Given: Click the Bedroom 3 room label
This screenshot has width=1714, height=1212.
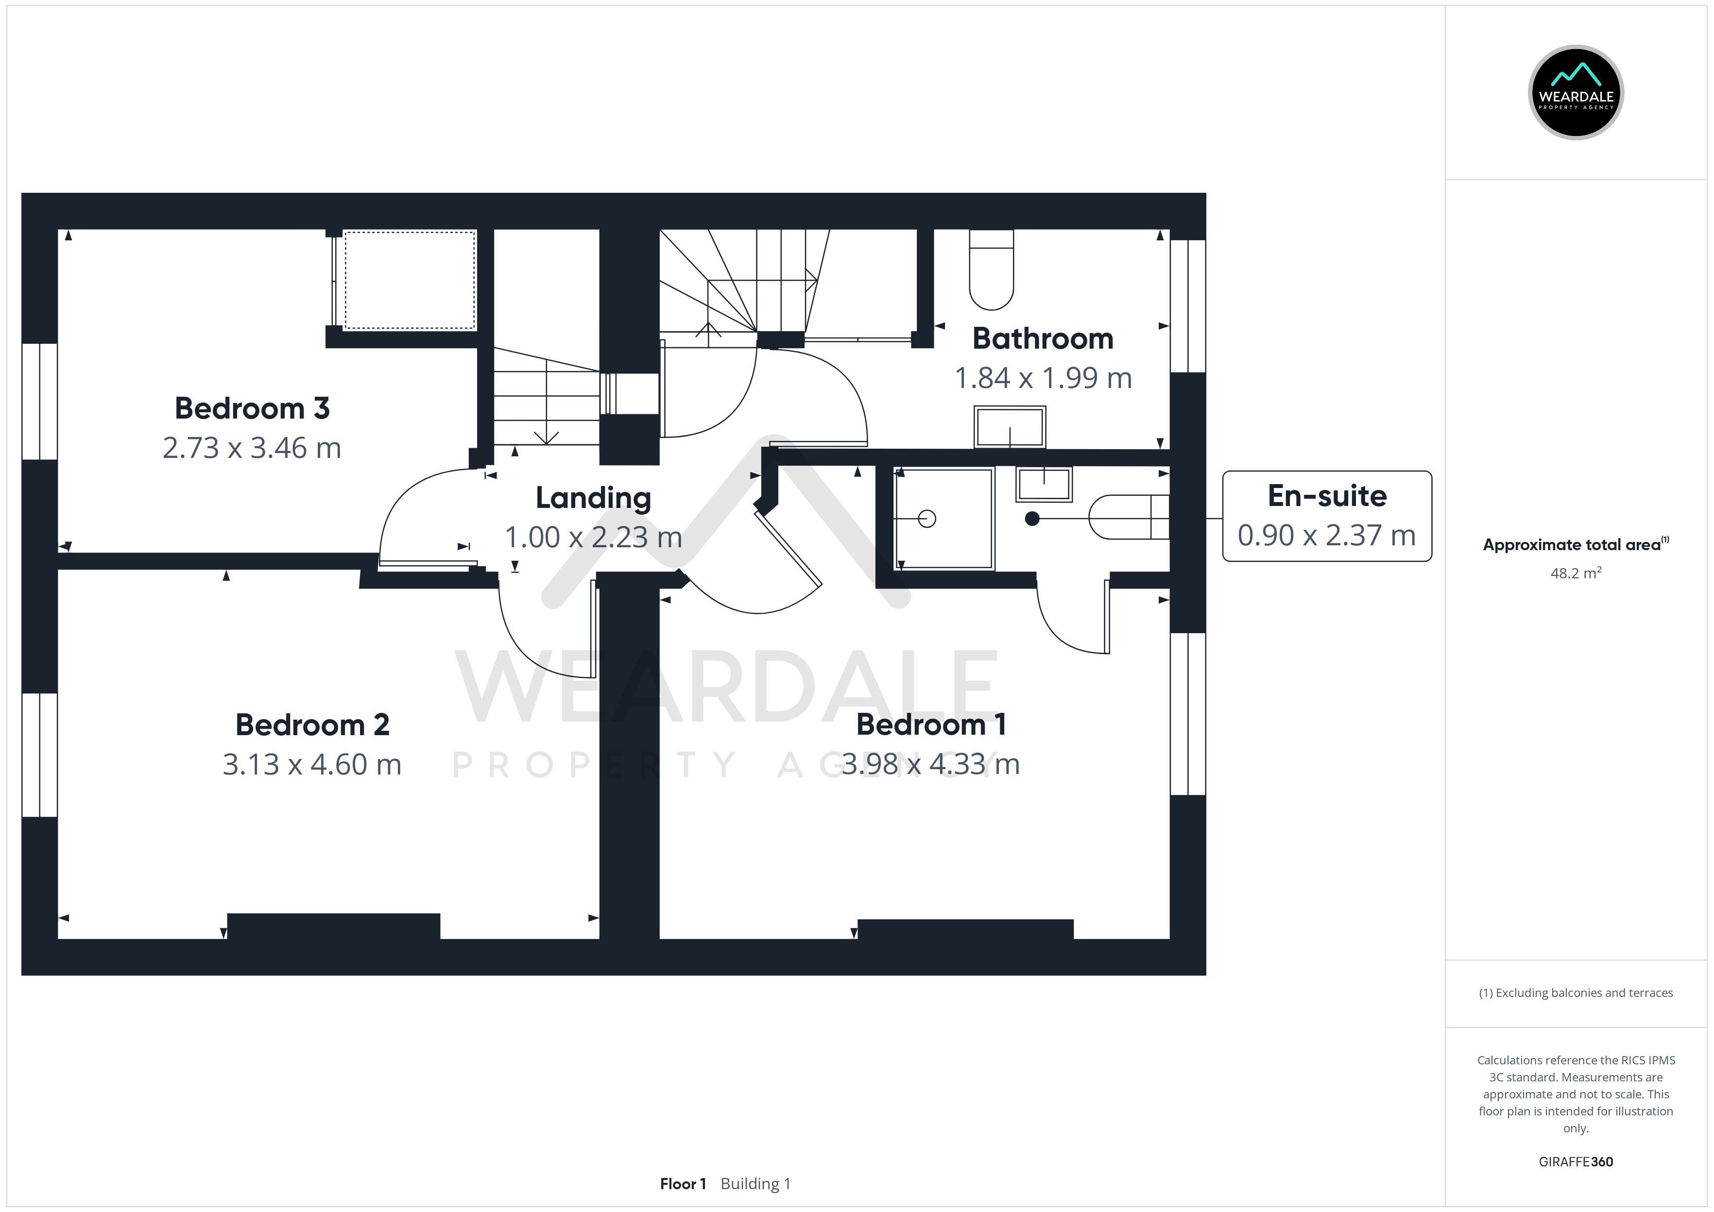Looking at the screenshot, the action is coord(252,408).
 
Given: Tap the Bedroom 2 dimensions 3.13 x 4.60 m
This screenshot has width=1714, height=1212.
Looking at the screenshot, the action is coord(312,764).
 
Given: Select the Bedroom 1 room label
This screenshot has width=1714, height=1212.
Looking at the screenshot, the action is coord(931,724).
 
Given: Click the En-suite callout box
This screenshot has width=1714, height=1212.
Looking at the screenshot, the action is coord(1327,516).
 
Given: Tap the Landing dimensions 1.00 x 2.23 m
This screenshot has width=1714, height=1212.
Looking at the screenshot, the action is coord(594,538).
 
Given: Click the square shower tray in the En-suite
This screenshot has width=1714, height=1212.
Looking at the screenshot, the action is coord(944,518).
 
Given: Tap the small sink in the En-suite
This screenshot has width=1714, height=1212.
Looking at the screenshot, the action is coord(1044,484).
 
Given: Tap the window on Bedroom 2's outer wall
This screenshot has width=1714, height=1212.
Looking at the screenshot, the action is coord(39,755).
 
